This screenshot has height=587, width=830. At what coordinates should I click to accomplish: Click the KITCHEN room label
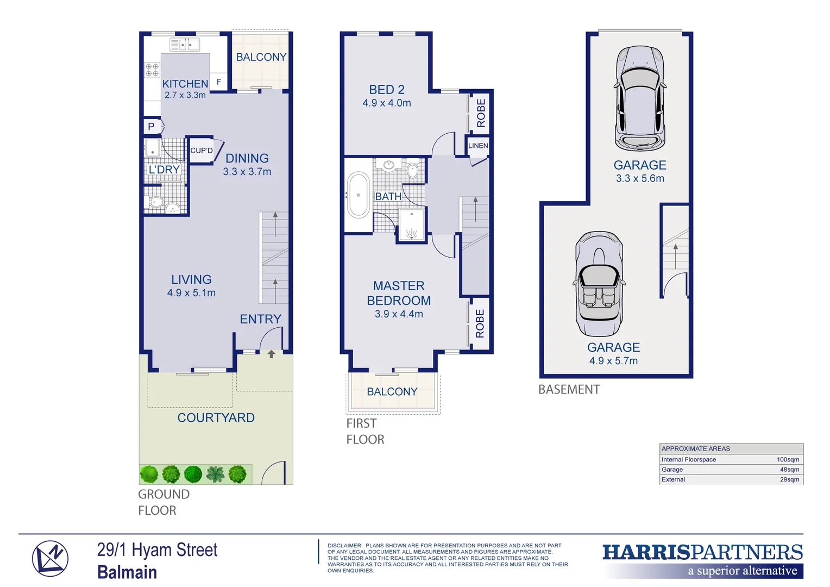tap(185, 84)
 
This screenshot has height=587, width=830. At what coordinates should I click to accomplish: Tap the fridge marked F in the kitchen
tap(219, 82)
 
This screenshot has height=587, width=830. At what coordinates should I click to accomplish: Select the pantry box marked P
tap(151, 127)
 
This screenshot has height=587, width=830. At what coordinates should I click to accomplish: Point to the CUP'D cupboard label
tap(202, 151)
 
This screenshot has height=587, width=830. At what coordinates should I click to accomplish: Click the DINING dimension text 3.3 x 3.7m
tap(247, 172)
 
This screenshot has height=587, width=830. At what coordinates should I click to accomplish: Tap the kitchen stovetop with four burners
tap(152, 70)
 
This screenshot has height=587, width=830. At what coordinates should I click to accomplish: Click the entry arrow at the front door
tap(272, 354)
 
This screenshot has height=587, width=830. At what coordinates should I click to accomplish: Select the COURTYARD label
tap(216, 417)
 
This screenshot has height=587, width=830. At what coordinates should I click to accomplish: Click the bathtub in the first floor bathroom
tap(359, 195)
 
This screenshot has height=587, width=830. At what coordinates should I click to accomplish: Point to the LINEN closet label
tap(478, 146)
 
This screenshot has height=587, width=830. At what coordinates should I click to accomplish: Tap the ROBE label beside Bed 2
tap(481, 113)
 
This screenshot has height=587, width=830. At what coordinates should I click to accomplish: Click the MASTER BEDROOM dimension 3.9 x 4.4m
tap(399, 314)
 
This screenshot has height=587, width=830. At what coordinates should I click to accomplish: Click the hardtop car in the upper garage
tap(640, 99)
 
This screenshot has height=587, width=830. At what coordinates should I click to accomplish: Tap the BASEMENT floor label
tap(569, 390)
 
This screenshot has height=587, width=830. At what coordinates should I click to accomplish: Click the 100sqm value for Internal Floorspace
tap(788, 459)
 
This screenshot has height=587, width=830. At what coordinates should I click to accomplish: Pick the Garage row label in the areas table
tap(672, 470)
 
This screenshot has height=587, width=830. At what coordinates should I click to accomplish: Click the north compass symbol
tap(50, 559)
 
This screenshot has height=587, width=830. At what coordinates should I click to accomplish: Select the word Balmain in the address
tap(127, 572)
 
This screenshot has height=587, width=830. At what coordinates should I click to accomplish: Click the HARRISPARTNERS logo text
tap(702, 552)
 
